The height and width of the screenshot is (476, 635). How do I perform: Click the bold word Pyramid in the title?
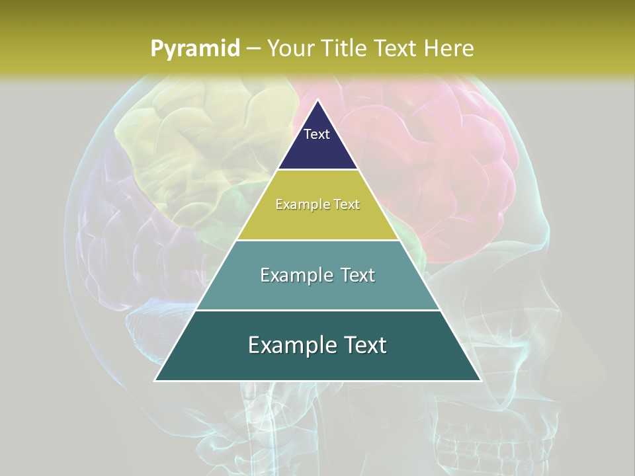click(194, 48)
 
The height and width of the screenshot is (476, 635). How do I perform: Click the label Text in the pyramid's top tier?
click(317, 134)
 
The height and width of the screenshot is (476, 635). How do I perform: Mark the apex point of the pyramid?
click(317, 100)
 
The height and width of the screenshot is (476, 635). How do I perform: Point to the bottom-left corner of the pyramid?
click(155, 380)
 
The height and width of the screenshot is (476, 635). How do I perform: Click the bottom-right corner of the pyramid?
click(480, 380)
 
